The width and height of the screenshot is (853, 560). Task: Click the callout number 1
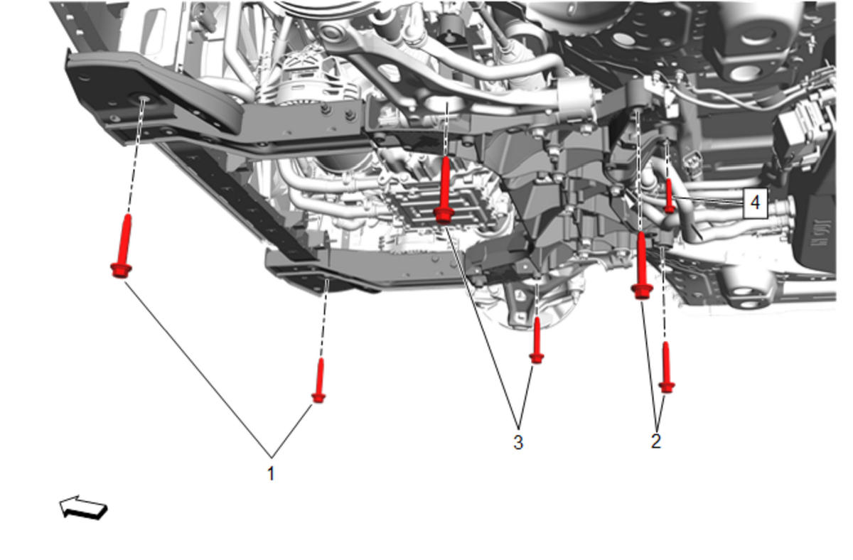tap(271, 473)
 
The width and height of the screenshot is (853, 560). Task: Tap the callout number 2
tap(655, 441)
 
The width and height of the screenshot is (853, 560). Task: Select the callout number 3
tap(518, 442)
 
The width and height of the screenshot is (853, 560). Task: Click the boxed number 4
tap(755, 203)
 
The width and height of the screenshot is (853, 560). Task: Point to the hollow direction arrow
tap(83, 507)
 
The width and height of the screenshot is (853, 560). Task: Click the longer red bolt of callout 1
tap(122, 246)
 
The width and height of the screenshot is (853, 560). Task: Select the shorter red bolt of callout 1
tap(319, 380)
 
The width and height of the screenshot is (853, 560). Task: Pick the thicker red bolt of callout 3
tap(444, 190)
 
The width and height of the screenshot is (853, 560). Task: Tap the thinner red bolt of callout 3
tap(537, 340)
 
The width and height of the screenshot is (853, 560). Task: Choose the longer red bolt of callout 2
tap(642, 265)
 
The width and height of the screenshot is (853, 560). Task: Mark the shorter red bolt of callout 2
tap(667, 367)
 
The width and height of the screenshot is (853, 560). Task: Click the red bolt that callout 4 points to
tap(669, 196)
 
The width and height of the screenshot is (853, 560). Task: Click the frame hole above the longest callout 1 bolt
tap(143, 99)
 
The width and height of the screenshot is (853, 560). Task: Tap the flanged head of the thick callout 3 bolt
tap(444, 215)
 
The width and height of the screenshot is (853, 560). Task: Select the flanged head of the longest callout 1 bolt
tap(121, 270)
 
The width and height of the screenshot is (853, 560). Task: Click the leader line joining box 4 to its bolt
tap(708, 201)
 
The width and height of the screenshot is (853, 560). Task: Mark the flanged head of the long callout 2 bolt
tap(642, 291)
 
